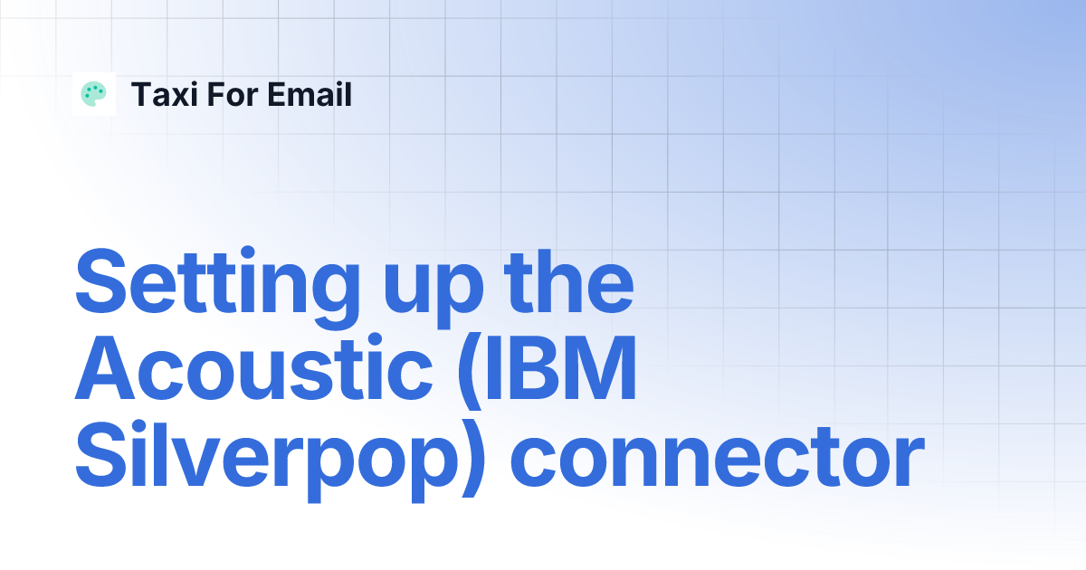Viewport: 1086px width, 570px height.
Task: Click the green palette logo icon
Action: coord(94,94)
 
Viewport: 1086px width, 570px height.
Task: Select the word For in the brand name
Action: coord(227,95)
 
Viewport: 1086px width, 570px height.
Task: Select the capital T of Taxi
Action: coord(140,95)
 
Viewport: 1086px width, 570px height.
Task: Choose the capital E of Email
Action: coord(271,95)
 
